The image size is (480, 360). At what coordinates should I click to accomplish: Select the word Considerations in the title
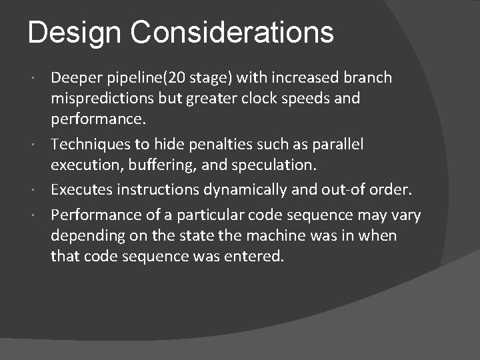(x=231, y=32)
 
